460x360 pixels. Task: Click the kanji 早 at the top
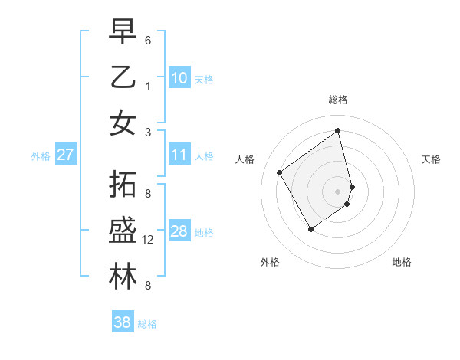coord(123,31)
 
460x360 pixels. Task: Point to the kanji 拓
coord(123,186)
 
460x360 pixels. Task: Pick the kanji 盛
coord(123,231)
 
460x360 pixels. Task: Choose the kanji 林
coord(123,277)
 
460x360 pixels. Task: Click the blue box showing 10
coord(179,77)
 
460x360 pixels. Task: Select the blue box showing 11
coord(179,155)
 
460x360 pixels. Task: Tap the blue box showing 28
coord(179,231)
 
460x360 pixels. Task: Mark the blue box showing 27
coord(66,155)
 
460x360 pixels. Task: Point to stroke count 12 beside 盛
coord(149,240)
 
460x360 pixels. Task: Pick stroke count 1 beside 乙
coord(147,86)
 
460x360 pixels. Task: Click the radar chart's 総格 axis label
coord(338,100)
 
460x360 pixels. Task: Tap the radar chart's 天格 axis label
coord(432,159)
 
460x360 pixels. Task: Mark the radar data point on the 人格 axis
coord(280,172)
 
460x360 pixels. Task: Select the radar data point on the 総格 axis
coord(338,131)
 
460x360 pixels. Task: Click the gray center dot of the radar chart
coord(338,191)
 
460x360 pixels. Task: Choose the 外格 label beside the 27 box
coord(41,156)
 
